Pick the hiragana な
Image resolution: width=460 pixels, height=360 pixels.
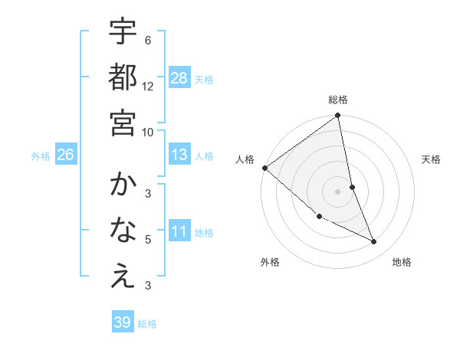(123, 229)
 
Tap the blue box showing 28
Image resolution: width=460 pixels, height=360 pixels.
(179, 78)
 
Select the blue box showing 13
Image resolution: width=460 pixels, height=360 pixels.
(179, 155)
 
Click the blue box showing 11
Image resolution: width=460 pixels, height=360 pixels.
(179, 231)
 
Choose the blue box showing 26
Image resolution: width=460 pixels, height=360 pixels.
(66, 155)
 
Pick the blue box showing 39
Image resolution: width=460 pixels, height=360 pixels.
(123, 322)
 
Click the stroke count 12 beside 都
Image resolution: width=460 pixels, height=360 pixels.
(148, 87)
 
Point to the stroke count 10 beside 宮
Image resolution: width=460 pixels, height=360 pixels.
(148, 131)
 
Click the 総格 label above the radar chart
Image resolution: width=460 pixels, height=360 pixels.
(338, 100)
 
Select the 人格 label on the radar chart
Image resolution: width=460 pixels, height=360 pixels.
(245, 159)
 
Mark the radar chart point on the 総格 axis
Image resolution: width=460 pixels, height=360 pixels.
(338, 116)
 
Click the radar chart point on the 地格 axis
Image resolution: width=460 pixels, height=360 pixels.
(374, 241)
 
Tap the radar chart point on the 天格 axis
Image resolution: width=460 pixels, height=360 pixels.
(353, 187)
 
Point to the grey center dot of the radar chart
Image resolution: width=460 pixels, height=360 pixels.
(338, 191)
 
